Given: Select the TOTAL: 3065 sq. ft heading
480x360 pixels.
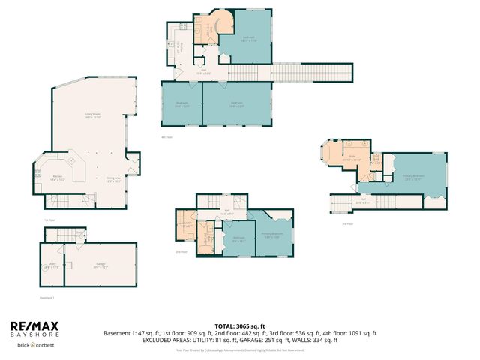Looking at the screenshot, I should click(x=240, y=326).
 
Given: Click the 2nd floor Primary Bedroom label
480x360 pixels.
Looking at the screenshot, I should click(x=272, y=235).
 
